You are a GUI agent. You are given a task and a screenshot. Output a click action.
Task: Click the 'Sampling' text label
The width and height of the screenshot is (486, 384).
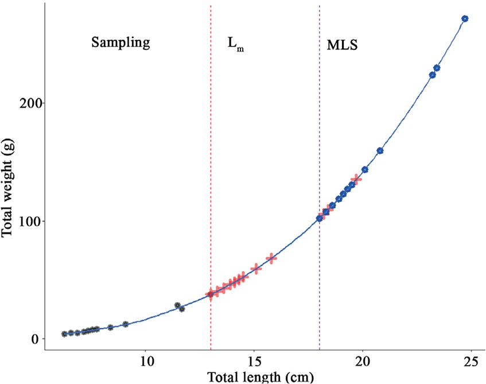pos(120,43)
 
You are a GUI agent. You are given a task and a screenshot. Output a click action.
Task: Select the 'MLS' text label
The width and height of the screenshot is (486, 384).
pos(342,45)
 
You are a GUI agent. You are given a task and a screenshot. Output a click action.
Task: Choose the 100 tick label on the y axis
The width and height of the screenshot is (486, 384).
pos(27,221)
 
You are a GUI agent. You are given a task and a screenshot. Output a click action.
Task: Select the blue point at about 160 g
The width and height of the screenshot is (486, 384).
pos(380,151)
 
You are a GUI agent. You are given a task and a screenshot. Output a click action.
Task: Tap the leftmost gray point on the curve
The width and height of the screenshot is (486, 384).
pos(65,334)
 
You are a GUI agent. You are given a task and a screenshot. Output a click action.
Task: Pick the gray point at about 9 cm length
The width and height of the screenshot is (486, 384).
pos(126,324)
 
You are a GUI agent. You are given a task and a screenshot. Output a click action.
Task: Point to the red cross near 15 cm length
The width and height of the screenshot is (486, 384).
pos(256,269)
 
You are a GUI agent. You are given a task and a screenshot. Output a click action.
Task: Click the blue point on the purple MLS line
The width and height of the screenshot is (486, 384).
pos(320,218)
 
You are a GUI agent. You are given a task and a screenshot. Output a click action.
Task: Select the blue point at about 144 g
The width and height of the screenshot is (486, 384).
pos(364,170)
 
